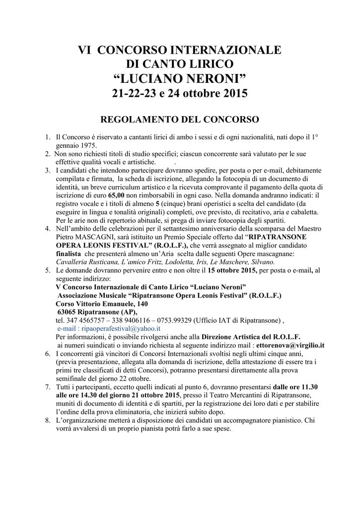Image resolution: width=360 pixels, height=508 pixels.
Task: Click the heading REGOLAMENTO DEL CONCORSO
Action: tap(180, 120)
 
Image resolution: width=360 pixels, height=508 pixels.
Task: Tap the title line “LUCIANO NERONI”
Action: tap(180, 78)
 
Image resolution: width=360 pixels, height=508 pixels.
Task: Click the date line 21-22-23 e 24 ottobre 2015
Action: tap(180, 93)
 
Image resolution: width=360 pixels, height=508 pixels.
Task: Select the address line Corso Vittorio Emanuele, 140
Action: tap(102, 303)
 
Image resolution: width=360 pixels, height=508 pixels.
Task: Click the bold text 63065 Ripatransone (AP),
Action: tap(97, 312)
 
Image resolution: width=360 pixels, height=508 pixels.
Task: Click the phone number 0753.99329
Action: tap(176, 320)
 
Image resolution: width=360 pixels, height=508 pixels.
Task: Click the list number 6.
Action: tap(48, 353)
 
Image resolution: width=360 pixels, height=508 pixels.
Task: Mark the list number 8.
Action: tap(48, 420)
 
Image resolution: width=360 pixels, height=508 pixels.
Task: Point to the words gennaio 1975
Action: tap(76, 145)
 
